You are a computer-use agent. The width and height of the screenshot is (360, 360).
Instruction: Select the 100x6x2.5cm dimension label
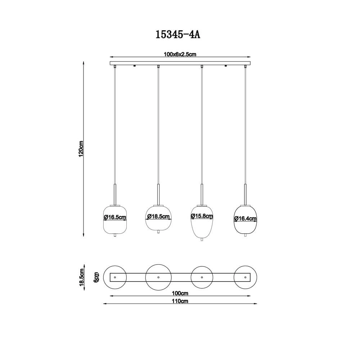click(x=180, y=54)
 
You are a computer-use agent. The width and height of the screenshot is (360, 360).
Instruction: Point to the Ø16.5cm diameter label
click(x=115, y=217)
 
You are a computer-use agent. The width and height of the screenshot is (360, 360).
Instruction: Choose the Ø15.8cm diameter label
click(x=202, y=216)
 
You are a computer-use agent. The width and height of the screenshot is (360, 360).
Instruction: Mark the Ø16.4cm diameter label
click(x=246, y=219)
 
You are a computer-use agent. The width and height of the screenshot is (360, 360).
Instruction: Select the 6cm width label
click(x=96, y=277)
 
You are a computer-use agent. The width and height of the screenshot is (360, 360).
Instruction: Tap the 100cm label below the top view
click(x=180, y=293)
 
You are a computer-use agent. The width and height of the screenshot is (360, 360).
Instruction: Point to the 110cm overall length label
click(x=180, y=301)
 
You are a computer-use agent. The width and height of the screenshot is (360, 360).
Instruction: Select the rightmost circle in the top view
click(x=246, y=277)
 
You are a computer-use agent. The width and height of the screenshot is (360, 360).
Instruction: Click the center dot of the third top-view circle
click(x=202, y=277)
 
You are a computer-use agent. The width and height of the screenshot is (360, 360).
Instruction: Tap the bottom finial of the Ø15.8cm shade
click(x=202, y=240)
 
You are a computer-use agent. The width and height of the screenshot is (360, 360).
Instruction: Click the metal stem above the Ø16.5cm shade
click(x=115, y=194)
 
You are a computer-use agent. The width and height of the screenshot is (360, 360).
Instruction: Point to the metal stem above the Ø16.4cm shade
click(x=246, y=194)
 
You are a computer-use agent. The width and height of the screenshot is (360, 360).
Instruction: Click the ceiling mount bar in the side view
click(x=180, y=64)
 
